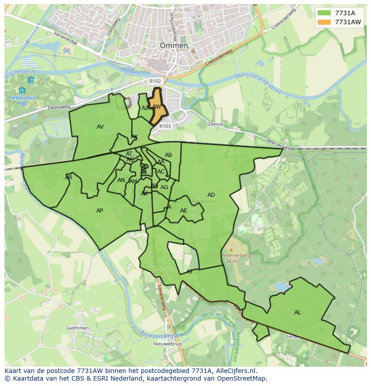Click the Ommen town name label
[174, 46]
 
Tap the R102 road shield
[155, 81]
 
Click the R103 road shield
[165, 126]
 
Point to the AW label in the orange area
[156, 107]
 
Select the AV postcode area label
[100, 127]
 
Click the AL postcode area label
[298, 312]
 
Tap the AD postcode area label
[211, 195]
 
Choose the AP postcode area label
[99, 211]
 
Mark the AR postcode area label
[69, 178]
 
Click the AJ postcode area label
[189, 272]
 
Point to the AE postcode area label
[183, 211]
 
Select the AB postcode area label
[168, 155]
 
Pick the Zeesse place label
[216, 124]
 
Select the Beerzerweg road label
[278, 144]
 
